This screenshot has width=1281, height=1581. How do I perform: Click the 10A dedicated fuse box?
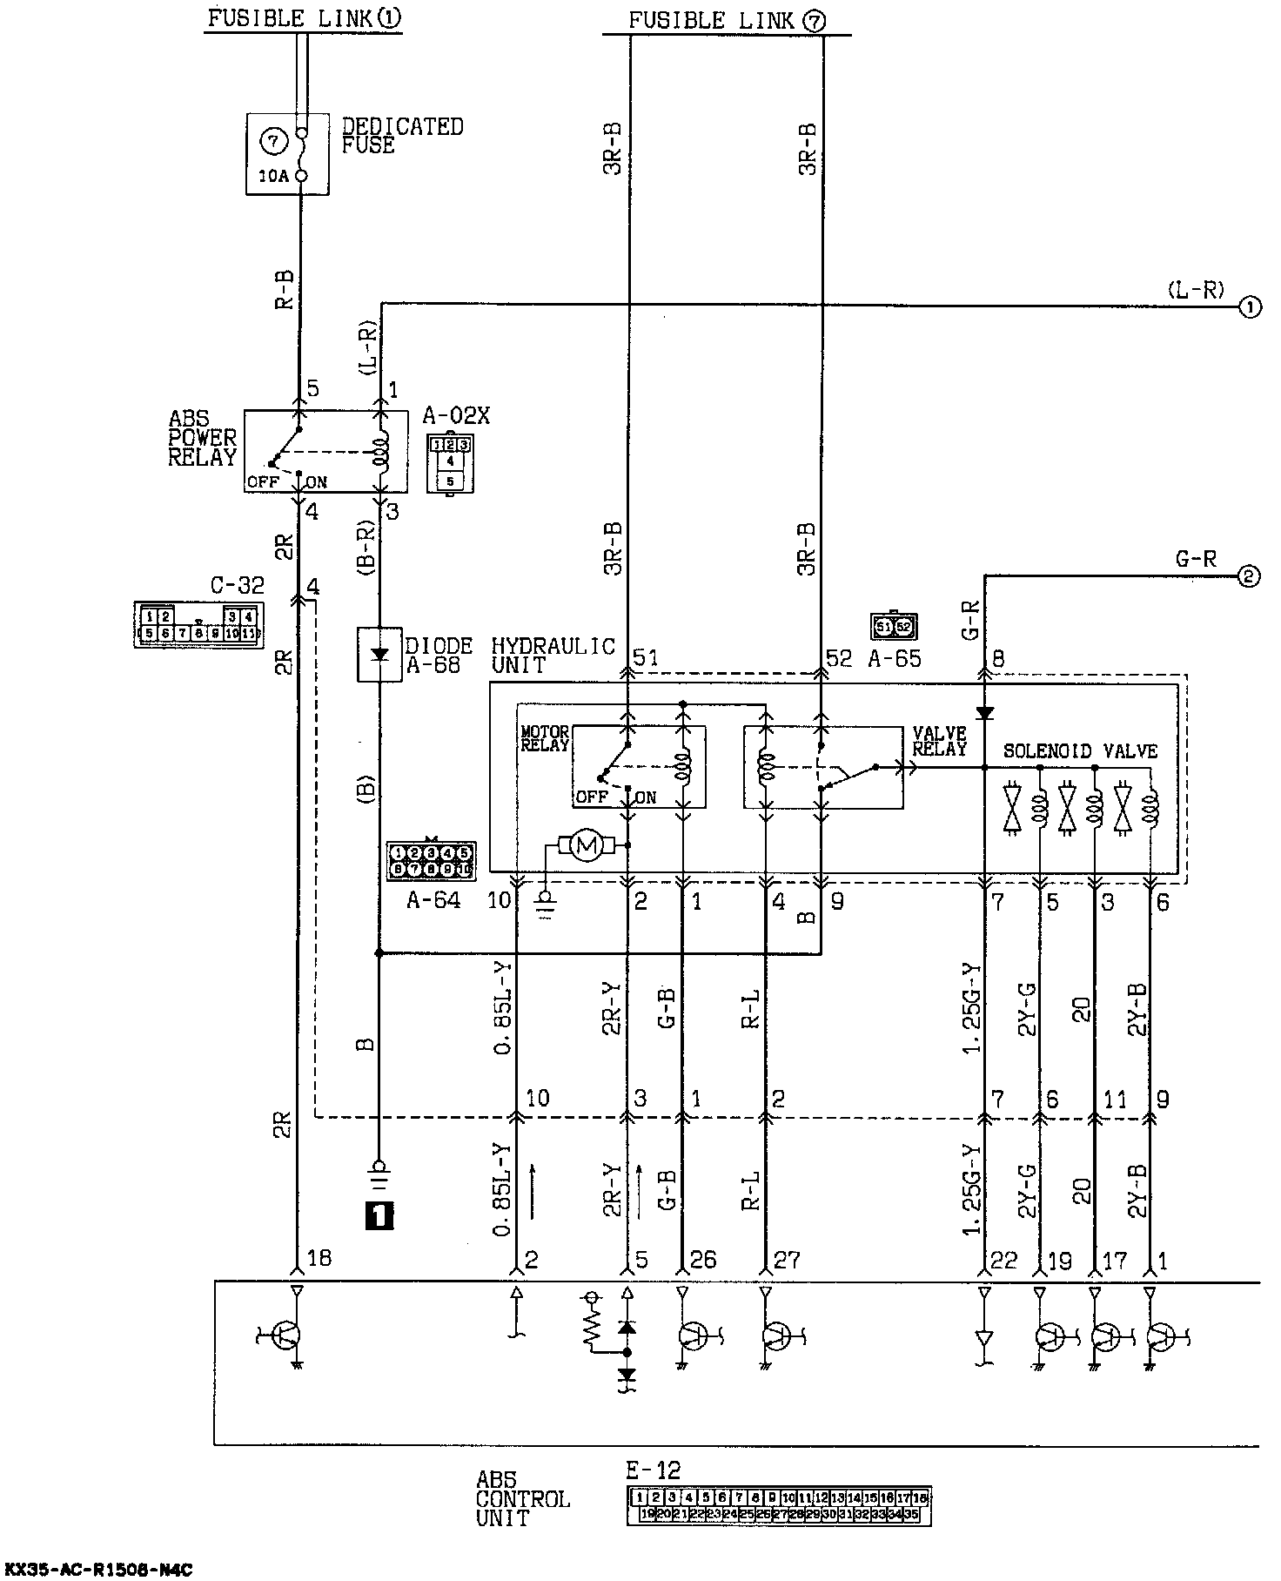[x=287, y=153]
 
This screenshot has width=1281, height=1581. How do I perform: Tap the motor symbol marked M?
[x=586, y=844]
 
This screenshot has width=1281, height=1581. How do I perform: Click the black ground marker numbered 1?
[x=380, y=1214]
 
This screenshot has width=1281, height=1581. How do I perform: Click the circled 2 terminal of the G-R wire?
[x=1249, y=576]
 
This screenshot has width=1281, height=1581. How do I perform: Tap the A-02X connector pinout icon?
[x=449, y=462]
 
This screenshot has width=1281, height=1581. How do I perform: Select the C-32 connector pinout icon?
[x=198, y=625]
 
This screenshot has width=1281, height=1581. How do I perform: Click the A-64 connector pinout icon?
[x=430, y=860]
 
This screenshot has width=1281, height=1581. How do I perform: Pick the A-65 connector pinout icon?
[x=894, y=626]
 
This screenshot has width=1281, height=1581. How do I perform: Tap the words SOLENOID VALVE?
[x=1080, y=750]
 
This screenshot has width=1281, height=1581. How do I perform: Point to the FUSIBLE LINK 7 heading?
[x=726, y=21]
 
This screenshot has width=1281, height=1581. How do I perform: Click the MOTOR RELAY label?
[x=545, y=739]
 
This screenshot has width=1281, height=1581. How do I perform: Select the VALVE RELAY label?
[x=939, y=741]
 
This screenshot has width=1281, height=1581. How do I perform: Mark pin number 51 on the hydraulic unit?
[x=645, y=658]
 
